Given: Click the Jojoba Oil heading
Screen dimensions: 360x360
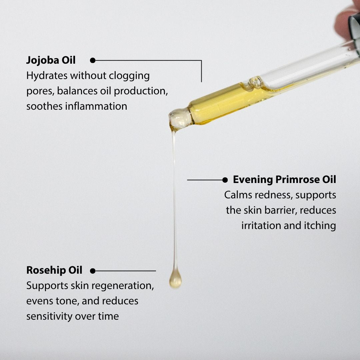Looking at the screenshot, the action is (51, 60).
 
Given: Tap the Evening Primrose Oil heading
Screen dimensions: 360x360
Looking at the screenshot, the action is (284, 180).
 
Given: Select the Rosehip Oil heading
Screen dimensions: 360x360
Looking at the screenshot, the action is (54, 270).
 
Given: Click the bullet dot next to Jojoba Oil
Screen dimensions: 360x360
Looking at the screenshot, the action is (93, 60).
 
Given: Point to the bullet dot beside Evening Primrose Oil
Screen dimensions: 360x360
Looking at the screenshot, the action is (225, 180).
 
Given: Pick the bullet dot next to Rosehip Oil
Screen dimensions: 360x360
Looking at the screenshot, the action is (93, 271).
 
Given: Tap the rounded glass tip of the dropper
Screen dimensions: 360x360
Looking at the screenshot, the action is (180, 118).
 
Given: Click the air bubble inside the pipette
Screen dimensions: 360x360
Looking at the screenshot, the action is (256, 82).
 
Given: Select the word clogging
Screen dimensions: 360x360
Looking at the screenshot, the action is (129, 76).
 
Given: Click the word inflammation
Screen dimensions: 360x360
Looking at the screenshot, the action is (96, 106).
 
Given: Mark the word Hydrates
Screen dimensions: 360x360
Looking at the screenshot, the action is (47, 76).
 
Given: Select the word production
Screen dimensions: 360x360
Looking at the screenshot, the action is (141, 91).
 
